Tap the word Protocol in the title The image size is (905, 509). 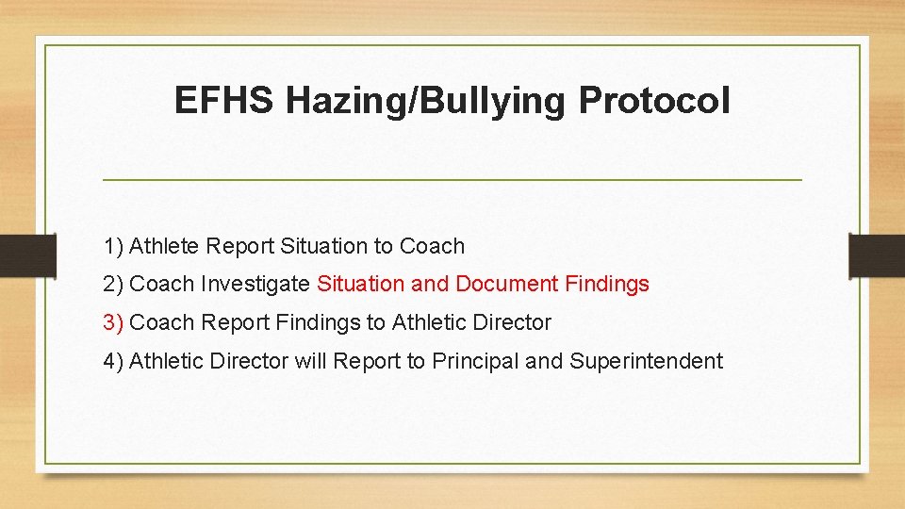[654, 101]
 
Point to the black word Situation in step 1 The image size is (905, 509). [321, 246]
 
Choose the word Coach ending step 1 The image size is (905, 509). [432, 246]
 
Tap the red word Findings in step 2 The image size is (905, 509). [607, 284]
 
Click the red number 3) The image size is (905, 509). [113, 322]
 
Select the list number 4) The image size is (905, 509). [113, 361]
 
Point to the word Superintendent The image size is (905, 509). [646, 361]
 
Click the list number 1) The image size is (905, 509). [113, 246]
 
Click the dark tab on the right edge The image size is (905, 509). [877, 255]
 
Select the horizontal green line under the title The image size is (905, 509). [452, 179]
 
